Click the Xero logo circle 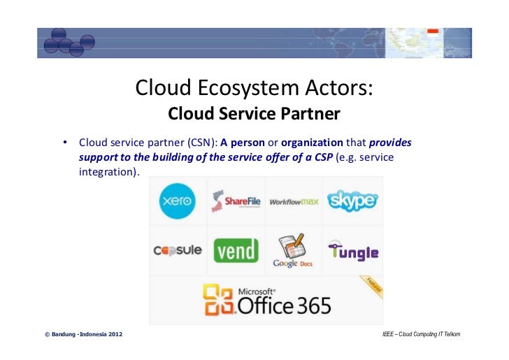coord(178,201)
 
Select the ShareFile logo coord(236,201)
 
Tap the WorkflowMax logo coord(294,201)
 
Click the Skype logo coord(352,201)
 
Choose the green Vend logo coord(236,250)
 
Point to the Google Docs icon coord(294,250)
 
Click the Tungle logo coord(353,251)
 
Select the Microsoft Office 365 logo coord(267,299)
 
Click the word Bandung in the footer coord(64,334)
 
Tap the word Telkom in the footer coord(451,334)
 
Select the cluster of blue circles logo coord(68,43)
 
